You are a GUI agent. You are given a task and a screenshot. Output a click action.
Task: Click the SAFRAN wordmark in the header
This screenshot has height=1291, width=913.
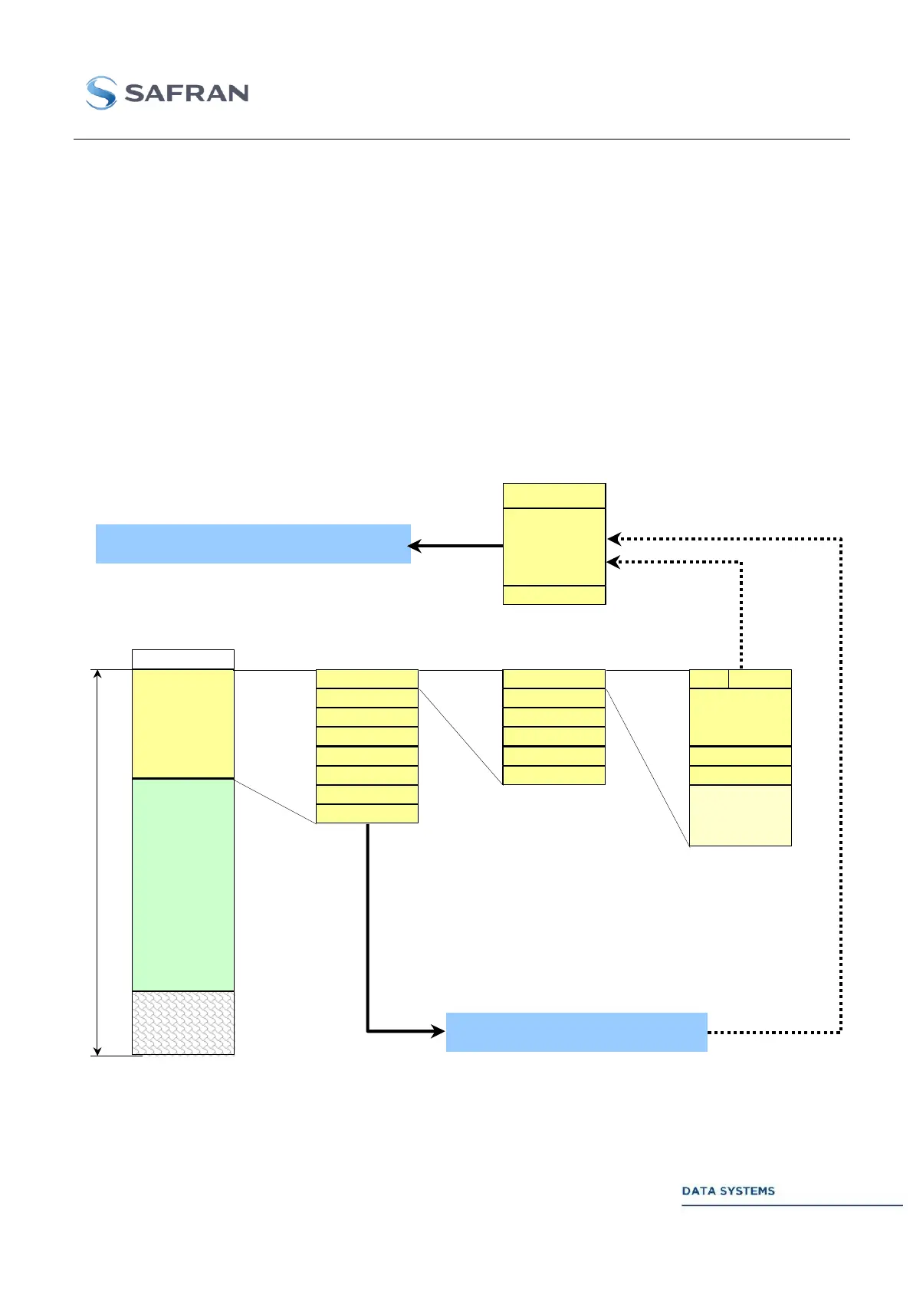(x=186, y=94)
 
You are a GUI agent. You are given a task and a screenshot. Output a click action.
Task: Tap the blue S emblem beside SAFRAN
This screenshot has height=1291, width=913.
(x=101, y=93)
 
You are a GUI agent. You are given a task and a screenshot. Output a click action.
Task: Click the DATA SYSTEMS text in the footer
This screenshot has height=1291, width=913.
(x=727, y=1191)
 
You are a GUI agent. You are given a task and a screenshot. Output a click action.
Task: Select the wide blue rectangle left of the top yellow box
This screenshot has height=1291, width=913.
(x=253, y=544)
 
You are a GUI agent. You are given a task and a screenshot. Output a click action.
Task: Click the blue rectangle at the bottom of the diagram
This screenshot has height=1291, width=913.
(x=576, y=1032)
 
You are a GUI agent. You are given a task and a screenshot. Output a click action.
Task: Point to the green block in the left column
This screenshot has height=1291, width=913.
(x=182, y=885)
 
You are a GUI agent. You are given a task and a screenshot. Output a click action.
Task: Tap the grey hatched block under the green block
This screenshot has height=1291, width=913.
(x=182, y=1023)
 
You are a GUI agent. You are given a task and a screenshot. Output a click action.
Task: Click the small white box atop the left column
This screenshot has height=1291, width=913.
(x=182, y=659)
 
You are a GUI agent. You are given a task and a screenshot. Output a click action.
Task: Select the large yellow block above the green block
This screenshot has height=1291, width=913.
(x=182, y=724)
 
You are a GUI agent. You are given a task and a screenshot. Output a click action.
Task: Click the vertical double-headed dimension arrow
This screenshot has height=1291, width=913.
(x=97, y=862)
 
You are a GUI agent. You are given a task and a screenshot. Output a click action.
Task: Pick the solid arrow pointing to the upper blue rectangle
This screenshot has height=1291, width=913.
(x=455, y=546)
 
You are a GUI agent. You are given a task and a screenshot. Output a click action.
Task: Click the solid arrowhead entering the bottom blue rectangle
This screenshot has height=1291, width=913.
(x=437, y=1031)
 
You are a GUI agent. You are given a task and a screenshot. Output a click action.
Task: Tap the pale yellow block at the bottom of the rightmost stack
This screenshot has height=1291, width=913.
(x=740, y=815)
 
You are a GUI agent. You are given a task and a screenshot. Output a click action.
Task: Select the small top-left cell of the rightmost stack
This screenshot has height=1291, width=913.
(x=708, y=678)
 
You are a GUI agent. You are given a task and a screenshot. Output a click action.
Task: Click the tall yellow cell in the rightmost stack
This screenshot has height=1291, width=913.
(x=740, y=717)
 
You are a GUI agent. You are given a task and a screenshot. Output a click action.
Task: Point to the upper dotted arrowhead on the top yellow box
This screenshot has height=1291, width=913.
(x=613, y=539)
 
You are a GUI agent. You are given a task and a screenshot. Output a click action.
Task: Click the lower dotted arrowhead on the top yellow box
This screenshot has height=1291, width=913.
(x=613, y=562)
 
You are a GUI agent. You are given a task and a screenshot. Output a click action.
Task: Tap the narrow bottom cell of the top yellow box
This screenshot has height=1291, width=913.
(x=553, y=595)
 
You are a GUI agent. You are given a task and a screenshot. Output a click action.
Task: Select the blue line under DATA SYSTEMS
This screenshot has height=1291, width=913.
(x=792, y=1205)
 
